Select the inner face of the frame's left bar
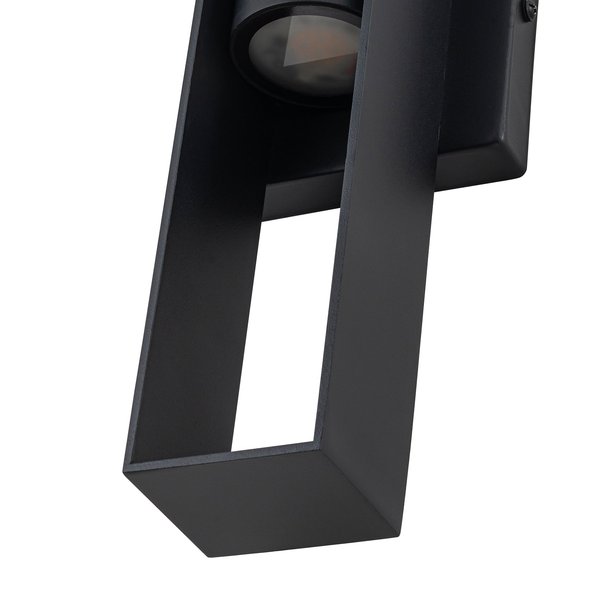coord(208,260)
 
